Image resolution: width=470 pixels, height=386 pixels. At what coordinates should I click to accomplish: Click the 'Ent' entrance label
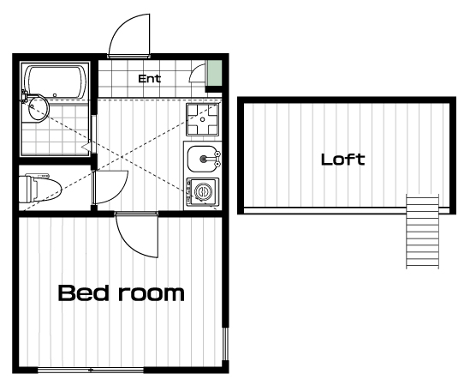click(x=149, y=79)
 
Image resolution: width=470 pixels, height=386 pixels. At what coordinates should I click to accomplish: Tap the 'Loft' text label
click(x=343, y=160)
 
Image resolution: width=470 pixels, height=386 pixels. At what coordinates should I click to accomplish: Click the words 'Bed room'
click(x=121, y=293)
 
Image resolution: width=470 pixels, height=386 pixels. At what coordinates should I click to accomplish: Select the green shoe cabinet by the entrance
click(x=215, y=73)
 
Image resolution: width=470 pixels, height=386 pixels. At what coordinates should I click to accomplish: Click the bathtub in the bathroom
click(x=56, y=81)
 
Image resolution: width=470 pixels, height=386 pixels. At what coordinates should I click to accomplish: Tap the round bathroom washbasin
click(x=38, y=108)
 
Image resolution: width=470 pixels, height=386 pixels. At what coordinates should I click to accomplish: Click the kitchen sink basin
click(x=201, y=159)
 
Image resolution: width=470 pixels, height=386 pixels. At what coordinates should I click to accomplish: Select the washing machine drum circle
click(x=203, y=191)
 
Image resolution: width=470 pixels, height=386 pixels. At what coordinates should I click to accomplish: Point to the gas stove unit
click(x=202, y=119)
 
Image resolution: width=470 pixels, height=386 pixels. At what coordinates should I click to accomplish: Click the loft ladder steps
click(x=422, y=231)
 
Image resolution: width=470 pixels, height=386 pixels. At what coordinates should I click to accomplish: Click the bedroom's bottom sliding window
click(x=91, y=370)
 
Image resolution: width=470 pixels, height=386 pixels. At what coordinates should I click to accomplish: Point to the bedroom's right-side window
click(x=225, y=344)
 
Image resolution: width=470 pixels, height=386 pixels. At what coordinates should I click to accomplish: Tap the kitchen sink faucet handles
click(x=217, y=159)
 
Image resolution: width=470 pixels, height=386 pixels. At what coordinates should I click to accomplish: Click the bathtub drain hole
click(x=55, y=95)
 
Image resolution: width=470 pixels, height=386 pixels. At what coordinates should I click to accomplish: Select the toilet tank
click(x=25, y=190)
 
